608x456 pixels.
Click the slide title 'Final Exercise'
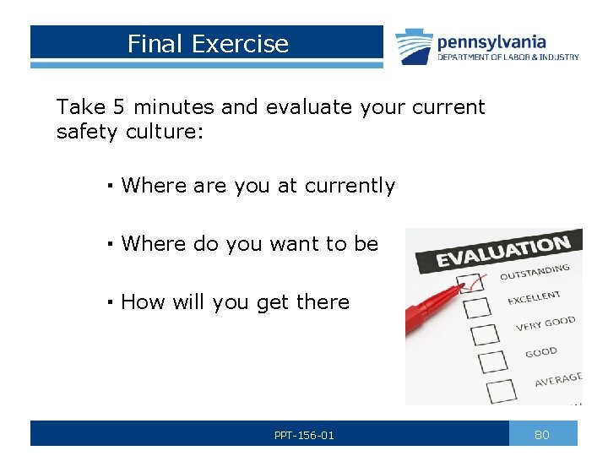[x=208, y=43]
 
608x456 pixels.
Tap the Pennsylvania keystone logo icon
[x=414, y=46]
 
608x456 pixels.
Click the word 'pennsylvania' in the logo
[x=491, y=41]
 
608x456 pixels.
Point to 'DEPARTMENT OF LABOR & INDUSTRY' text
[x=508, y=57]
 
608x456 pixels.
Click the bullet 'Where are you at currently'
[x=258, y=186]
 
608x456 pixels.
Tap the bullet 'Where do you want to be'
[x=249, y=244]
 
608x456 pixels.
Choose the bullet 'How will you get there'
[x=235, y=302]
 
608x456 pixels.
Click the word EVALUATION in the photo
[x=502, y=252]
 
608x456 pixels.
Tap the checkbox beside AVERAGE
[x=502, y=389]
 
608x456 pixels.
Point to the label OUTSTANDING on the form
[x=534, y=273]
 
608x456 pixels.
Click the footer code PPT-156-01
[x=304, y=435]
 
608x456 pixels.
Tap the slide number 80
[x=542, y=434]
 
